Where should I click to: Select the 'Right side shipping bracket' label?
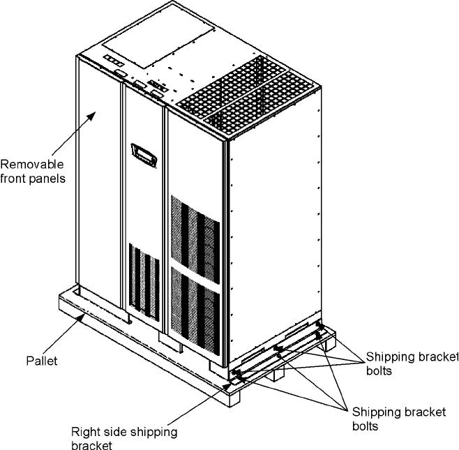pos(124,438)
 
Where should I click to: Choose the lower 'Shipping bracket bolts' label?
pos(398,418)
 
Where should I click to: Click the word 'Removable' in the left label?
pos(32,165)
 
